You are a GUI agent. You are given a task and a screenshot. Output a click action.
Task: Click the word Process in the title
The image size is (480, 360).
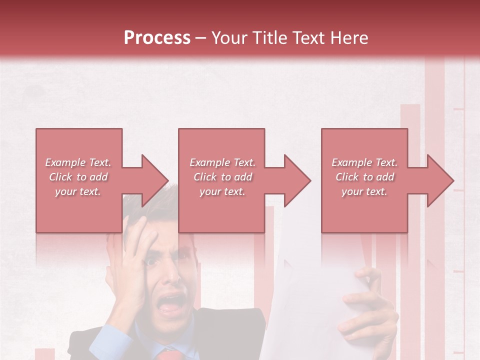[157, 38]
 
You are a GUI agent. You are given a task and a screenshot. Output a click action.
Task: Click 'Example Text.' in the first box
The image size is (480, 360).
[78, 162]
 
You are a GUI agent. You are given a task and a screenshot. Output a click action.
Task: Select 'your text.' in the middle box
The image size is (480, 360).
[222, 191]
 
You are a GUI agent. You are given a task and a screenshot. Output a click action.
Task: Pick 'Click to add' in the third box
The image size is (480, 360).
[364, 177]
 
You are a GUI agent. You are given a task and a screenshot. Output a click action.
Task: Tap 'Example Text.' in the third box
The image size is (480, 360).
[364, 162]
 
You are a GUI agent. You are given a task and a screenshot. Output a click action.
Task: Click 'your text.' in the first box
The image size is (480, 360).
[78, 191]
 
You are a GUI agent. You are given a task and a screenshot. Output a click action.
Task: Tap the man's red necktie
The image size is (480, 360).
[169, 354]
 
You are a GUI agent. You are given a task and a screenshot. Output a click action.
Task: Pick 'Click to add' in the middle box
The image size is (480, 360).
[222, 177]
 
